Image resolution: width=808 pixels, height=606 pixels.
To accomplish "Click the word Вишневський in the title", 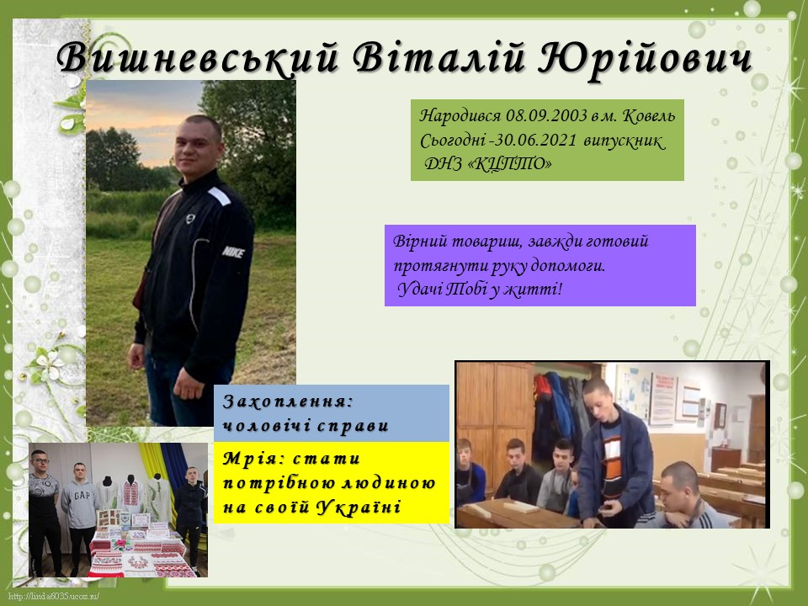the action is [x=197, y=56].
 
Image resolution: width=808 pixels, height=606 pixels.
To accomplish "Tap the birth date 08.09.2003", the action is [x=546, y=115].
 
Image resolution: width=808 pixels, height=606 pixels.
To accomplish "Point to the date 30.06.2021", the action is [x=535, y=141].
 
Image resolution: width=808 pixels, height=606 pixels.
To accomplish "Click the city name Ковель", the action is [x=649, y=116].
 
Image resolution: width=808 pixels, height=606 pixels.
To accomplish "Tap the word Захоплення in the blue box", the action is [x=288, y=401].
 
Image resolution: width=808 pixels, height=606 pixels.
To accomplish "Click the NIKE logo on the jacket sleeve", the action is [x=233, y=252].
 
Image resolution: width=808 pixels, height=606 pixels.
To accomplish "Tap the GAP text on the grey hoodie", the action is [x=82, y=497].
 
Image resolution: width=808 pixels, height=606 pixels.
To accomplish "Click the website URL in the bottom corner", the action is [x=54, y=597].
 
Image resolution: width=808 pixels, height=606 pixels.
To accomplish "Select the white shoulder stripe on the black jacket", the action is [x=219, y=195].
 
